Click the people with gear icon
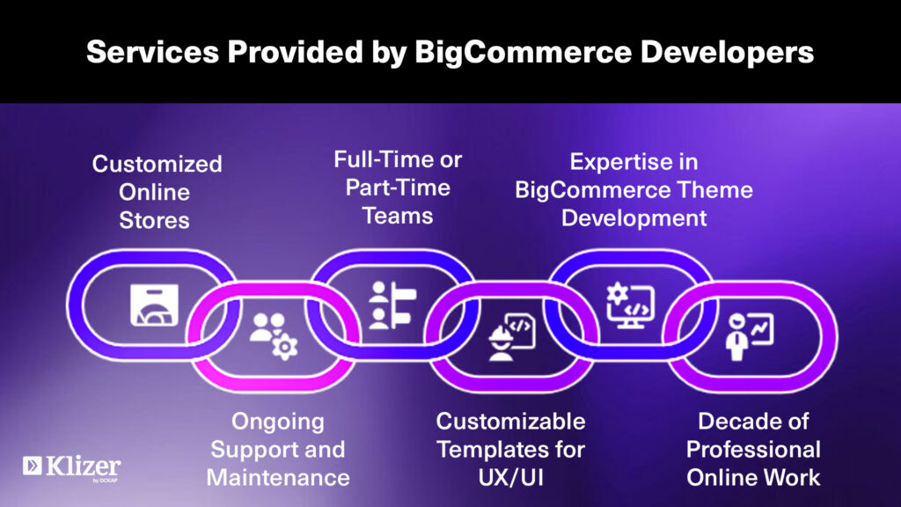[x=273, y=335]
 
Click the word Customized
[x=157, y=164]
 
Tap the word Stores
[x=154, y=219]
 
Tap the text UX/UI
[x=511, y=478]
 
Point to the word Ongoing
[x=278, y=421]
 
